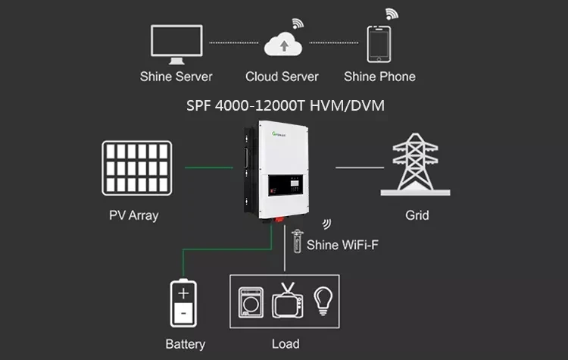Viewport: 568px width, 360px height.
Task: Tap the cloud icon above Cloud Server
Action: pos(282,43)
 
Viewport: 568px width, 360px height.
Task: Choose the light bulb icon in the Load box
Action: pos(323,299)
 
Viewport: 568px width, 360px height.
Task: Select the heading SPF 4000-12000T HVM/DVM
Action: pos(286,105)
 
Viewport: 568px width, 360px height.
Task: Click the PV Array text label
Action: pos(134,215)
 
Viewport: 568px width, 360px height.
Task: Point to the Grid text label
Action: pos(417,215)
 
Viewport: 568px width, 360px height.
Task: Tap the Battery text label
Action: pos(185,344)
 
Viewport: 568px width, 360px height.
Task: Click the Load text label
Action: pos(286,344)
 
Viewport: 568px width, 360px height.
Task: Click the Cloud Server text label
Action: pos(282,77)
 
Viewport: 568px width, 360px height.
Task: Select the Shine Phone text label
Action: pos(379,77)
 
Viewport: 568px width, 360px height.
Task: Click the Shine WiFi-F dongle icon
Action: pos(297,243)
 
